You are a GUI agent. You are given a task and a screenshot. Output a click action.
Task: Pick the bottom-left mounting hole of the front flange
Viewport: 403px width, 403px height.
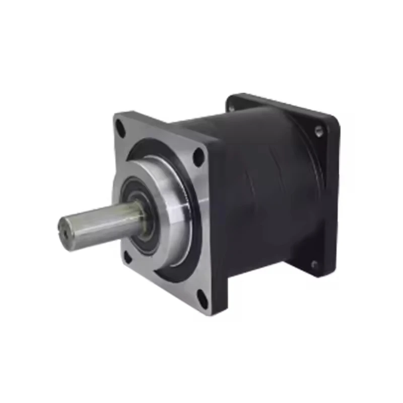click(127, 259)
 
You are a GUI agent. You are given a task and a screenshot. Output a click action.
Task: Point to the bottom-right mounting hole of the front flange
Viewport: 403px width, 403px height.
click(201, 299)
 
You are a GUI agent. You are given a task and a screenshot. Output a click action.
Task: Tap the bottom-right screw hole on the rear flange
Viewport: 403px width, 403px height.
click(314, 264)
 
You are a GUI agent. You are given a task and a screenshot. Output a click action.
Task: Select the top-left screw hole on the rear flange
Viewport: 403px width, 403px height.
click(231, 107)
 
